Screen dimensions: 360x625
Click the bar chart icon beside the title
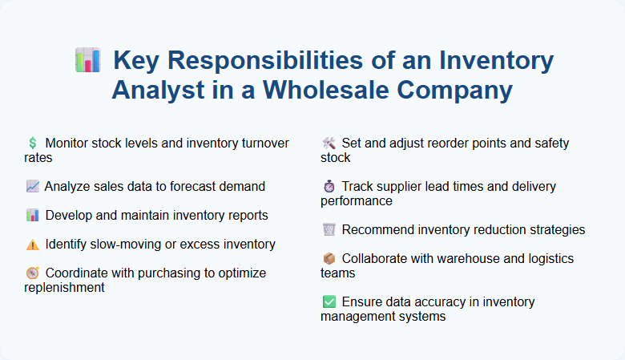tap(87, 61)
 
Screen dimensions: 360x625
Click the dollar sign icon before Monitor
tap(32, 144)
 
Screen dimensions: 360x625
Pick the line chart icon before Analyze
tap(32, 187)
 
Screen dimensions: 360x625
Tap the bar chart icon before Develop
tap(32, 216)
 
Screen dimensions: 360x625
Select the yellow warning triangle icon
tap(32, 245)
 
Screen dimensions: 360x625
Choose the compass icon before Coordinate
tap(32, 273)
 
